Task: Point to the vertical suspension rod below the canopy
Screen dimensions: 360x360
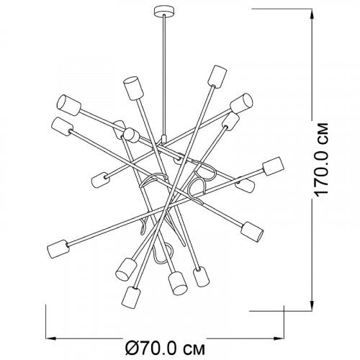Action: pos(164,76)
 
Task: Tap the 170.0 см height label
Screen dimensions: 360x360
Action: pos(321,160)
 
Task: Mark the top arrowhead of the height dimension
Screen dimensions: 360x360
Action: pos(312,16)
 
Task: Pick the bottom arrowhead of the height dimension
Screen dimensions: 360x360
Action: pos(312,305)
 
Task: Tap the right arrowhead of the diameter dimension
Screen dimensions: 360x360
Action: pos(278,338)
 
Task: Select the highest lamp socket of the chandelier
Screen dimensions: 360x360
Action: pos(217,76)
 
